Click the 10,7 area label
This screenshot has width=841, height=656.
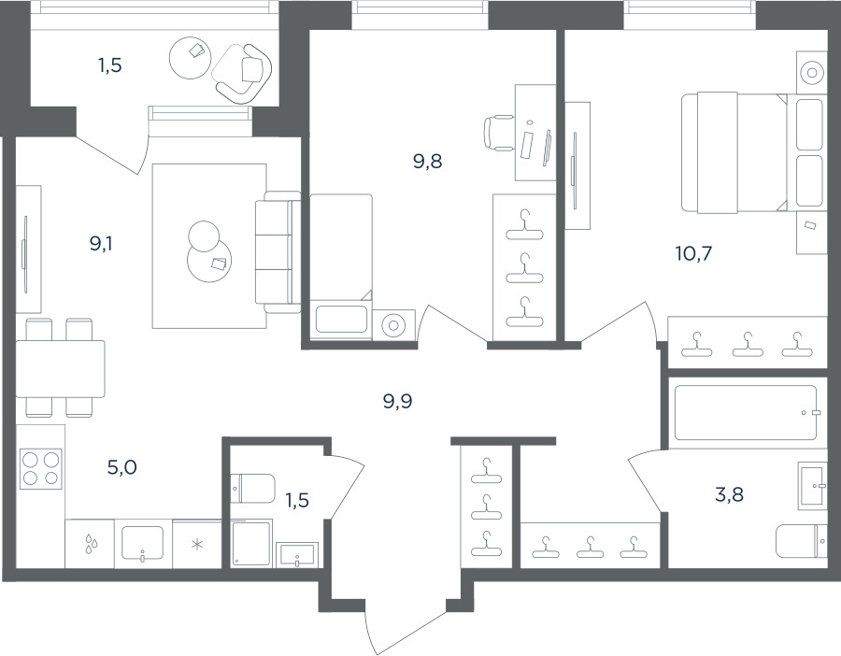[x=693, y=252]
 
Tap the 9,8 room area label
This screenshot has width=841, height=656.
[x=427, y=161]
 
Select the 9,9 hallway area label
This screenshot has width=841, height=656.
[x=397, y=401]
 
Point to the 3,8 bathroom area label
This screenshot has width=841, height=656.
[x=729, y=494]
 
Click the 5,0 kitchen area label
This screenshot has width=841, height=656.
[x=122, y=467]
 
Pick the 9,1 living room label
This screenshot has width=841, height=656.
[x=101, y=244]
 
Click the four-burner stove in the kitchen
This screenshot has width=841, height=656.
[x=40, y=468]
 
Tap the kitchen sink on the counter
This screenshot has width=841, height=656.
[x=143, y=543]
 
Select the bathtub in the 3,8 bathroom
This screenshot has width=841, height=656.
[x=746, y=412]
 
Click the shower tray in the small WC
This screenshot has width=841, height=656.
[x=252, y=544]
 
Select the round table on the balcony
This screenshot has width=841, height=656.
[x=189, y=57]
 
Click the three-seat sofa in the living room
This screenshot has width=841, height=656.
[x=278, y=252]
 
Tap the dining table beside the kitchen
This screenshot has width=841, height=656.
[x=60, y=368]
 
